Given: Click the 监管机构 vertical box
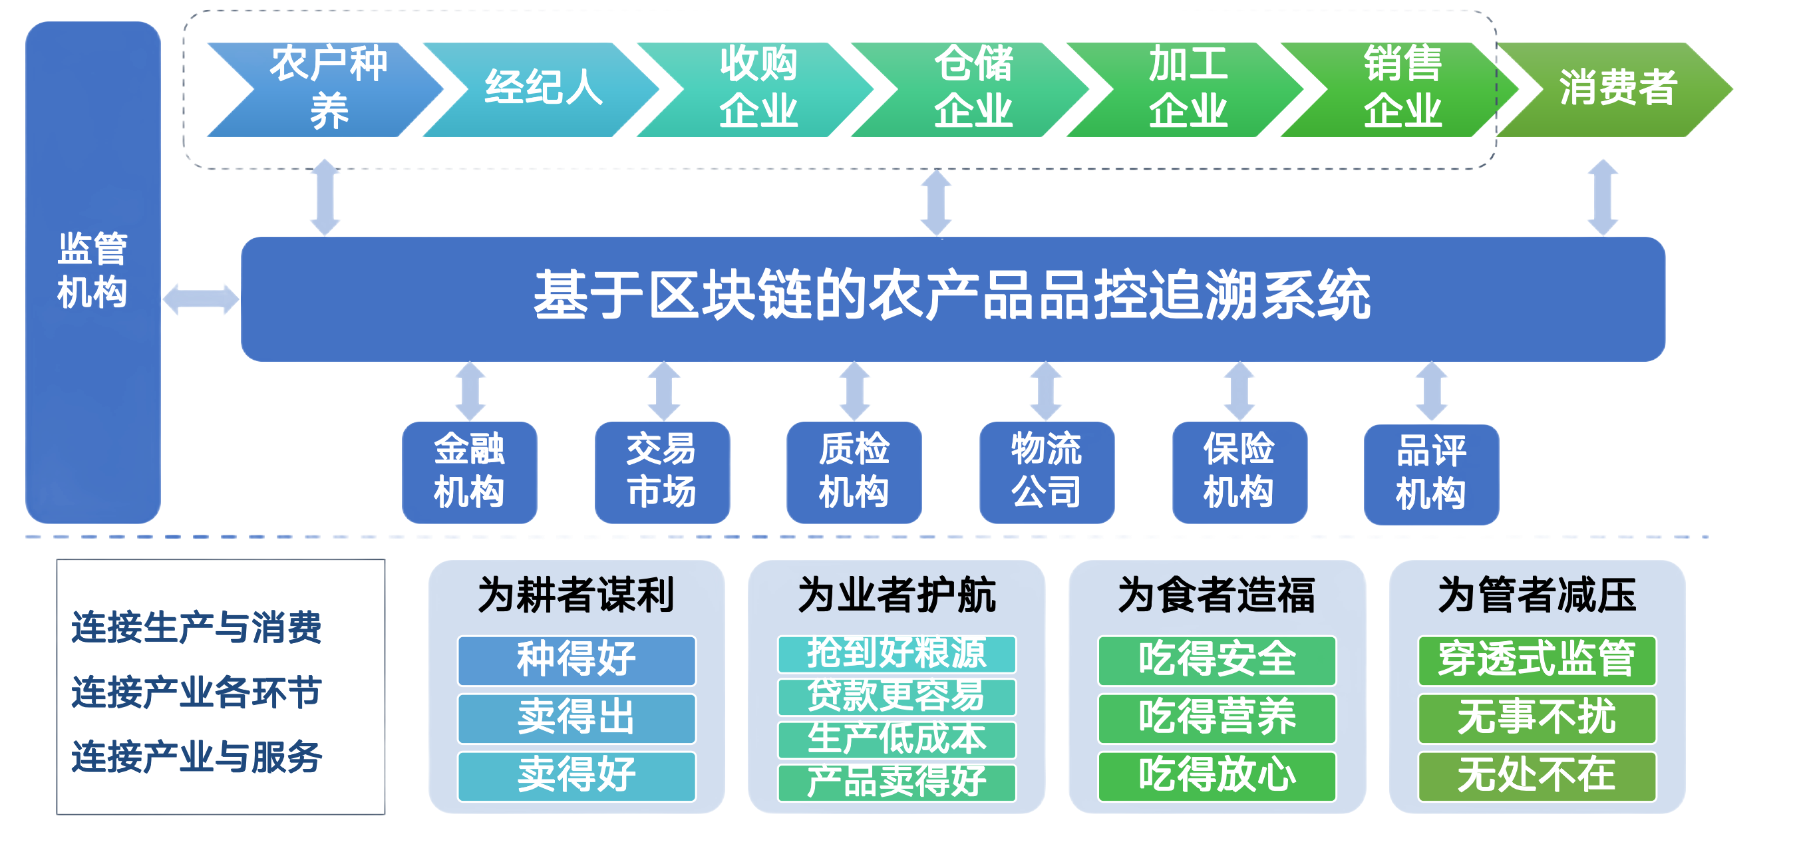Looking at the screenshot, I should [92, 272].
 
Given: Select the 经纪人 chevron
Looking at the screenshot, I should [543, 88].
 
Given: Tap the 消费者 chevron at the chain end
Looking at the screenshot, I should [1617, 88].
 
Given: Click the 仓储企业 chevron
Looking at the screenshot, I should [973, 88].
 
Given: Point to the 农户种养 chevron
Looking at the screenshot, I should [327, 88].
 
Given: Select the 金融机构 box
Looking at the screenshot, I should [469, 471].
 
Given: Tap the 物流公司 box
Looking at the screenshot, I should [1046, 471].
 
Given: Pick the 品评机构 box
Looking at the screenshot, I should [1430, 474].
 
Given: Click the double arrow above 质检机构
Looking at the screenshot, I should [854, 391].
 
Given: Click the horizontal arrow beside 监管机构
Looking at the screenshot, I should [201, 299].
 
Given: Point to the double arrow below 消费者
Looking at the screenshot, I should [1603, 198].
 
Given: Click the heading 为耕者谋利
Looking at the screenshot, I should [575, 595].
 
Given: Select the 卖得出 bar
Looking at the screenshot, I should [575, 718].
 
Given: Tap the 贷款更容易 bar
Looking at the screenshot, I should [896, 696].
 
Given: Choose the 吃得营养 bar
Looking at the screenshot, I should [1216, 718].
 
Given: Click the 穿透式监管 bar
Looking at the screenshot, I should [1536, 659].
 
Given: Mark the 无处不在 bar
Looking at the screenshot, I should [1536, 775].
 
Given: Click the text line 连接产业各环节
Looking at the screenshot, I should [196, 692].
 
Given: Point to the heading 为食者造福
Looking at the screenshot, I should [1216, 595].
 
